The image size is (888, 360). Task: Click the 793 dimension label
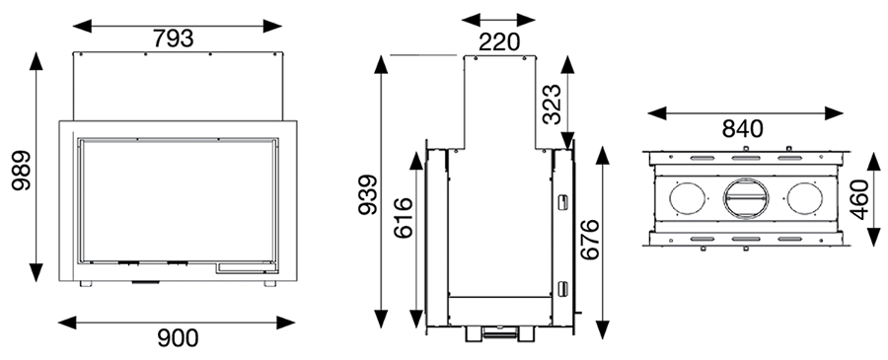[174, 39]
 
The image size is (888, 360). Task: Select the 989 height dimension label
[21, 170]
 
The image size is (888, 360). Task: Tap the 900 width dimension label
[178, 338]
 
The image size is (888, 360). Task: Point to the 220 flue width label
[499, 41]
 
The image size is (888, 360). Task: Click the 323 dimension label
[552, 104]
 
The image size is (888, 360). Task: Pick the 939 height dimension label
[368, 194]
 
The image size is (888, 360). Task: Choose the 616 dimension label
[403, 218]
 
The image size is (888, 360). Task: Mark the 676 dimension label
[590, 239]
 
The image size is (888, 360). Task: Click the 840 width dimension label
[742, 129]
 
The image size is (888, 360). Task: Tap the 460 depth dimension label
[859, 199]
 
